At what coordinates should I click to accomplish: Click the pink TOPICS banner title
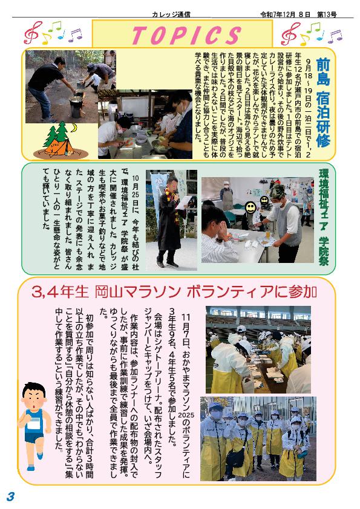186,35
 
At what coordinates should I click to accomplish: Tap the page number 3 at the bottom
11,496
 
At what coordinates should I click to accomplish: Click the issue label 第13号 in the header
327,15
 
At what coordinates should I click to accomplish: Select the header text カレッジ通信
171,15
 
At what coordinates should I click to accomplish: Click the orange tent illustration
59,147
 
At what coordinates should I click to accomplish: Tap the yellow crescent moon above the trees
75,128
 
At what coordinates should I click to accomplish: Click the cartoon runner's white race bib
33,424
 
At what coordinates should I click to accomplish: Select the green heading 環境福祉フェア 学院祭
324,217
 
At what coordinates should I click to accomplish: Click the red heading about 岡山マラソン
174,292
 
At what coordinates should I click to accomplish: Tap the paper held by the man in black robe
183,203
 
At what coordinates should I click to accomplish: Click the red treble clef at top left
33,33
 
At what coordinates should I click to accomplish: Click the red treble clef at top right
290,33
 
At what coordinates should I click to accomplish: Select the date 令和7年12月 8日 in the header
285,15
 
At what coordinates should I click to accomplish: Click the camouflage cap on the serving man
277,191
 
